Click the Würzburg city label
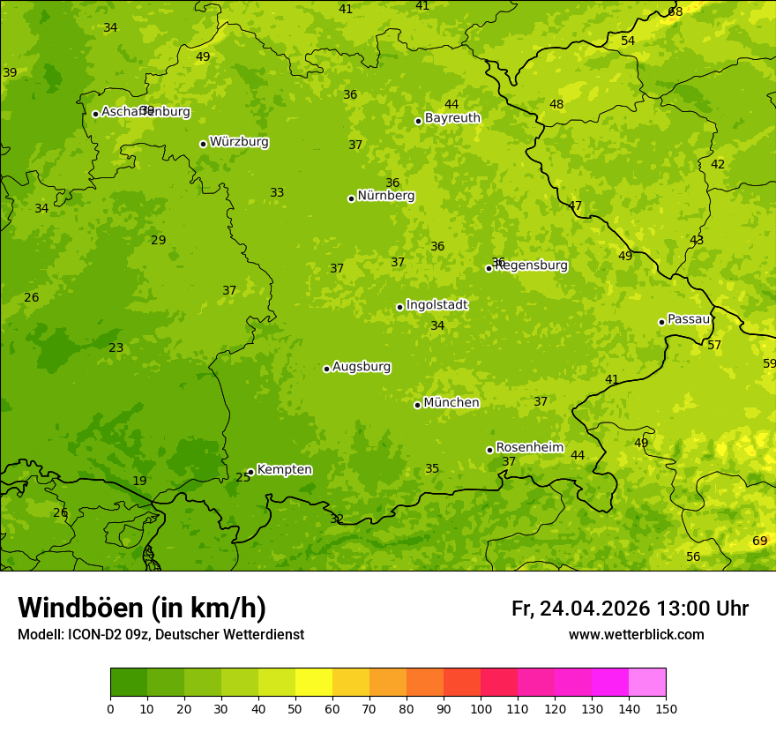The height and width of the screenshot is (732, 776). tap(239, 142)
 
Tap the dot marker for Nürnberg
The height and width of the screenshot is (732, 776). tap(351, 198)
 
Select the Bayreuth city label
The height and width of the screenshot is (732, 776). tap(452, 118)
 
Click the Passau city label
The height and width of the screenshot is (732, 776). tap(689, 319)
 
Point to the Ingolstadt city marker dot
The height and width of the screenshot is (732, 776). tap(399, 307)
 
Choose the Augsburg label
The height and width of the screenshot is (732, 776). tap(362, 367)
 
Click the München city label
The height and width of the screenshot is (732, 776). tap(451, 403)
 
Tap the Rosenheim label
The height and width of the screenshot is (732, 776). tap(529, 448)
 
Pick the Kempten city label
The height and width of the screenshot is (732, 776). tap(284, 470)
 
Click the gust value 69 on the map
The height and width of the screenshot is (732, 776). tap(759, 541)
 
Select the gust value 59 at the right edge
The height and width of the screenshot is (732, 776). tap(769, 363)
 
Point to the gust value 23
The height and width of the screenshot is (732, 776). tap(116, 347)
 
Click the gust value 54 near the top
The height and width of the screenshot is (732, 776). tap(628, 41)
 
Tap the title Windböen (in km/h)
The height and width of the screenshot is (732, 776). tap(142, 608)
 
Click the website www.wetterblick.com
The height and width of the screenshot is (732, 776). tap(637, 635)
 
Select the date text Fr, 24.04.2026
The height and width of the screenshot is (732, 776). tap(580, 609)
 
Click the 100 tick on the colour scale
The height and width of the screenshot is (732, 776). tap(481, 708)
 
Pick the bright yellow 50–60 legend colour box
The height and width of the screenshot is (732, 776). tap(314, 683)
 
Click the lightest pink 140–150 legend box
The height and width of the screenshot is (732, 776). tap(647, 683)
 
